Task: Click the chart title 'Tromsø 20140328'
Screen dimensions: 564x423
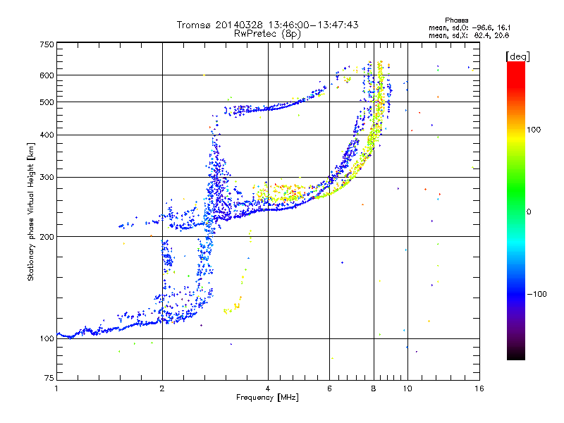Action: [x=220, y=25]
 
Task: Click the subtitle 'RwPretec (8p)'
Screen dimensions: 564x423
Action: [x=267, y=34]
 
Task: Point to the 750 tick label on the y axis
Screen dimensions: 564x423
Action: [x=47, y=44]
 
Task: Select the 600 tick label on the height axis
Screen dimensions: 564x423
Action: [x=47, y=75]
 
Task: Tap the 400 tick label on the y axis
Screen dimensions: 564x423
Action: [x=47, y=135]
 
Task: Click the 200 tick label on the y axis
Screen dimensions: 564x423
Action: [x=47, y=237]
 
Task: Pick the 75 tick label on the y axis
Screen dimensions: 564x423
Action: [x=49, y=378]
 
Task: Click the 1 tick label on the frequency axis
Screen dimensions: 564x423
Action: [x=56, y=388]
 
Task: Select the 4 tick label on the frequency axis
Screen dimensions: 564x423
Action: [x=268, y=388]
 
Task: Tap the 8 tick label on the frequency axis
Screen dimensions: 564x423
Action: [x=374, y=388]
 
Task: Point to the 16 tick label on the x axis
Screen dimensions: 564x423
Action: [x=479, y=388]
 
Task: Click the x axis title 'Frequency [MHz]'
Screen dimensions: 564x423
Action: [x=267, y=398]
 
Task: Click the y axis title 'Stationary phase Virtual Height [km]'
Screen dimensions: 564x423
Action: [x=31, y=211]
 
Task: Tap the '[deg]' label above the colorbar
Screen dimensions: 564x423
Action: [x=517, y=56]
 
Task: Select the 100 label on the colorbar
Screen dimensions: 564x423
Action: [x=534, y=130]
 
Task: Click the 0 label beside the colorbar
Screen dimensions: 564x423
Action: [x=529, y=211]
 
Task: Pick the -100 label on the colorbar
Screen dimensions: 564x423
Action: [x=537, y=294]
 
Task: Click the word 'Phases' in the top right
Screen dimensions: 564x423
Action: [x=456, y=20]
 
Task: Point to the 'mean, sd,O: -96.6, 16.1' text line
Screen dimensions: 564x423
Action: [x=470, y=27]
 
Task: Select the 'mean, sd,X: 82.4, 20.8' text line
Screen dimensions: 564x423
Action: [x=469, y=35]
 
